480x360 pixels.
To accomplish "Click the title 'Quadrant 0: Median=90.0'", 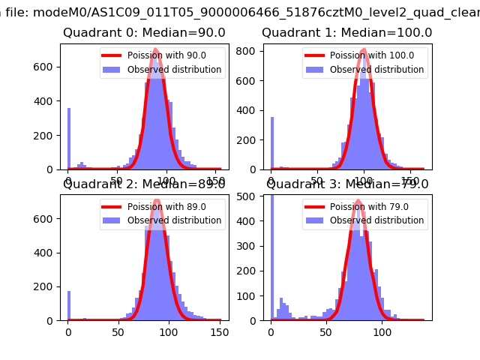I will (x=144, y=33).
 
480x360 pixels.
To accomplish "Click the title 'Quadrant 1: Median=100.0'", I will (x=346, y=33).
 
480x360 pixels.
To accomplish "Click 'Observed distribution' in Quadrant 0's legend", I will (x=175, y=70).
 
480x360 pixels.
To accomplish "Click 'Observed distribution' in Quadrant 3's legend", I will (x=377, y=220).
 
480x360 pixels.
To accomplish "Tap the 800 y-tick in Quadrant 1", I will (x=251, y=51).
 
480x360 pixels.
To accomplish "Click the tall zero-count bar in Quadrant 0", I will (x=69, y=139).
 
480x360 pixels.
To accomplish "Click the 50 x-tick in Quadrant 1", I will (x=317, y=181).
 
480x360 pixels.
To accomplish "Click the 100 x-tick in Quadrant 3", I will (x=382, y=331).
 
